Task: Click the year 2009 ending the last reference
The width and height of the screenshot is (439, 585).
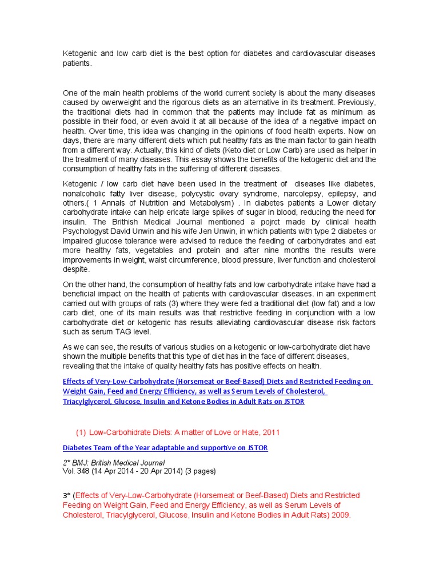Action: (x=340, y=515)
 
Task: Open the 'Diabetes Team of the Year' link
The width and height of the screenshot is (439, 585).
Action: (x=165, y=448)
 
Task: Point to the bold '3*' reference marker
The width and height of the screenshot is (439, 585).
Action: (x=66, y=495)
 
